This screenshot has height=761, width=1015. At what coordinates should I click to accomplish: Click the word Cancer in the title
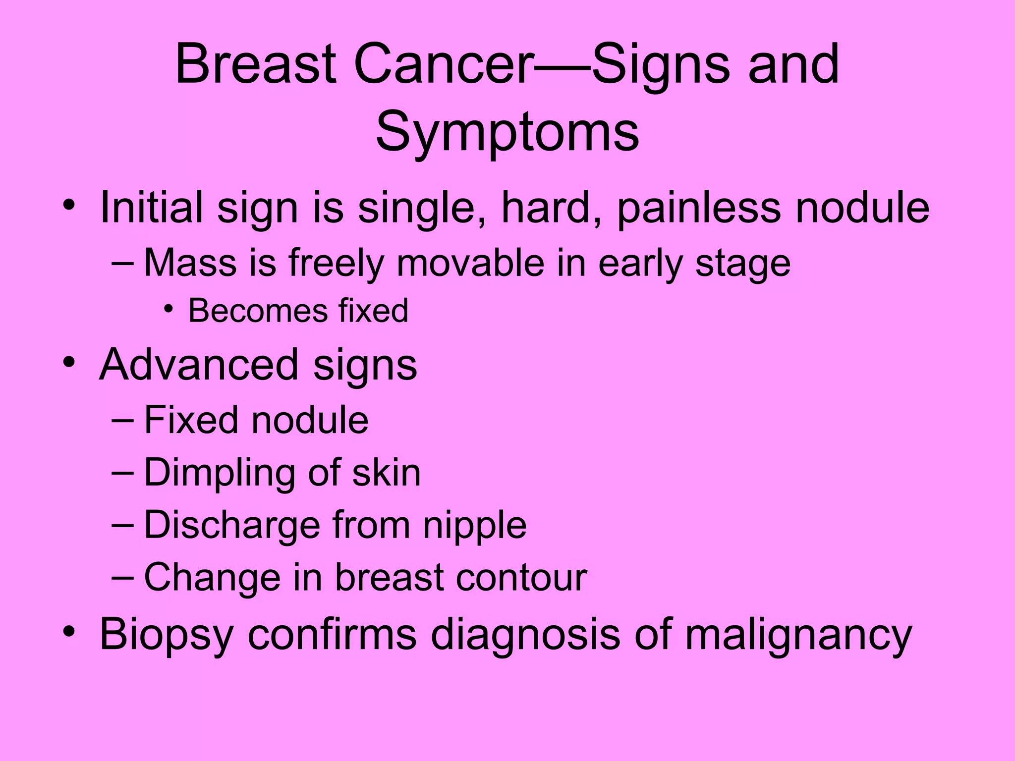pyautogui.click(x=444, y=65)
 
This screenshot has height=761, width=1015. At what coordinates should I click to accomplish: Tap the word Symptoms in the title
pyautogui.click(x=507, y=132)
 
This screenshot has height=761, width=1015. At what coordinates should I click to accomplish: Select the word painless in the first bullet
pyautogui.click(x=699, y=208)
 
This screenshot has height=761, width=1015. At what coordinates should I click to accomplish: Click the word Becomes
pyautogui.click(x=258, y=311)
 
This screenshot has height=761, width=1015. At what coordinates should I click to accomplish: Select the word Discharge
pyautogui.click(x=232, y=525)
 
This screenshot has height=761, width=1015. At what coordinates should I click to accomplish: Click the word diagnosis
pyautogui.click(x=525, y=635)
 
